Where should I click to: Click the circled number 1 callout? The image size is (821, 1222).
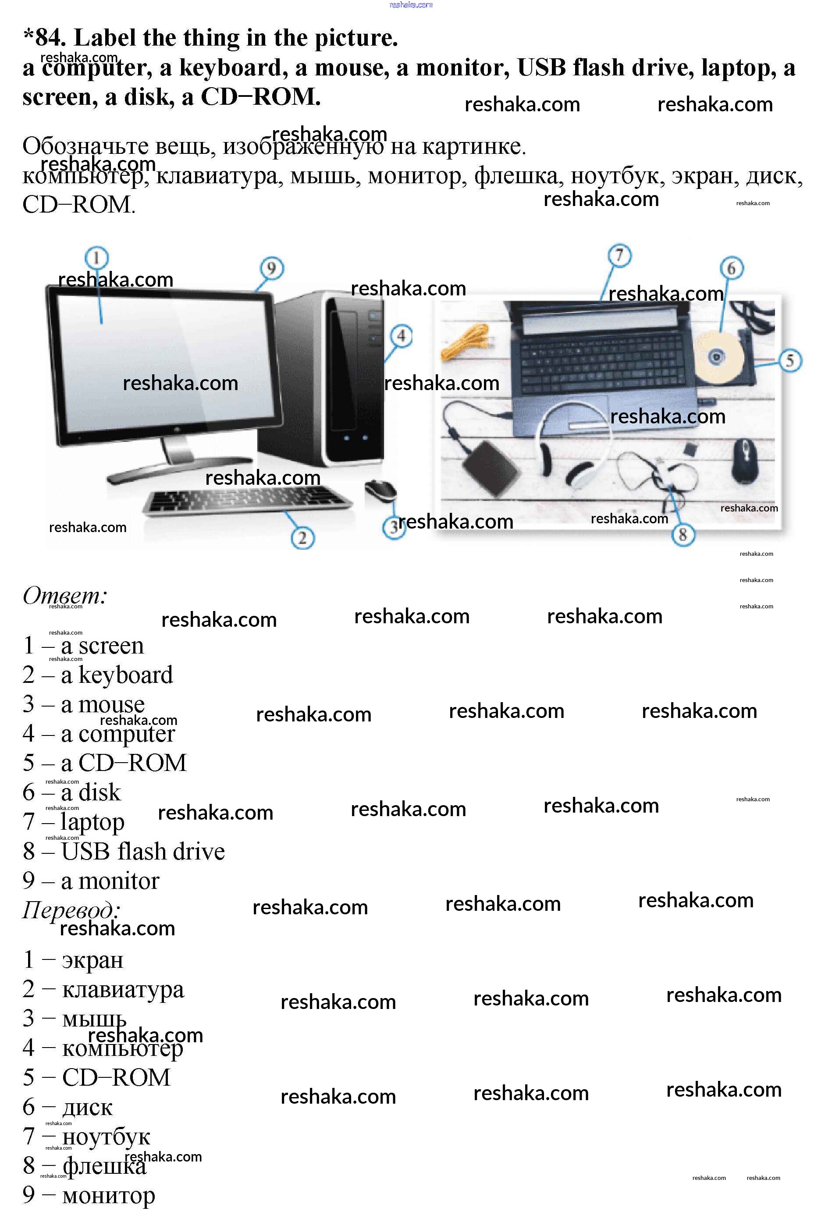pyautogui.click(x=96, y=258)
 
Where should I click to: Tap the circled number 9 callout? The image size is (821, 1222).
pyautogui.click(x=271, y=269)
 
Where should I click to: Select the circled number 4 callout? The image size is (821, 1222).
pyautogui.click(x=401, y=336)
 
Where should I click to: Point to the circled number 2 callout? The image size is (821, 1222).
pyautogui.click(x=302, y=538)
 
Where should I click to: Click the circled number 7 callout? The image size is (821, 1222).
pyautogui.click(x=619, y=256)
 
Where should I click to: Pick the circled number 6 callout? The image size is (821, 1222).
pyautogui.click(x=732, y=268)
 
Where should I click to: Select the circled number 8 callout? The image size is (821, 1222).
pyautogui.click(x=683, y=535)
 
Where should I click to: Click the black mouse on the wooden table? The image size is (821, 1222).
pyautogui.click(x=745, y=460)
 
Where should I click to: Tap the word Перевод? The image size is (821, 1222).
pyautogui.click(x=71, y=910)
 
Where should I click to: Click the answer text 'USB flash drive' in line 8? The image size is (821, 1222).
pyautogui.click(x=143, y=851)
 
